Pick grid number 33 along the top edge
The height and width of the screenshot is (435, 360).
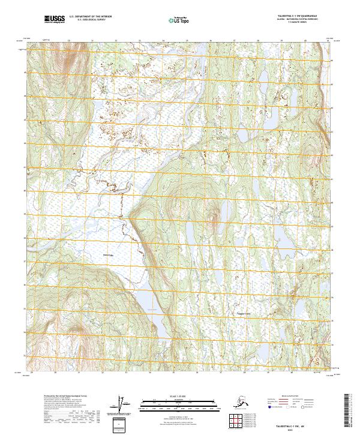pos(116,41)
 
